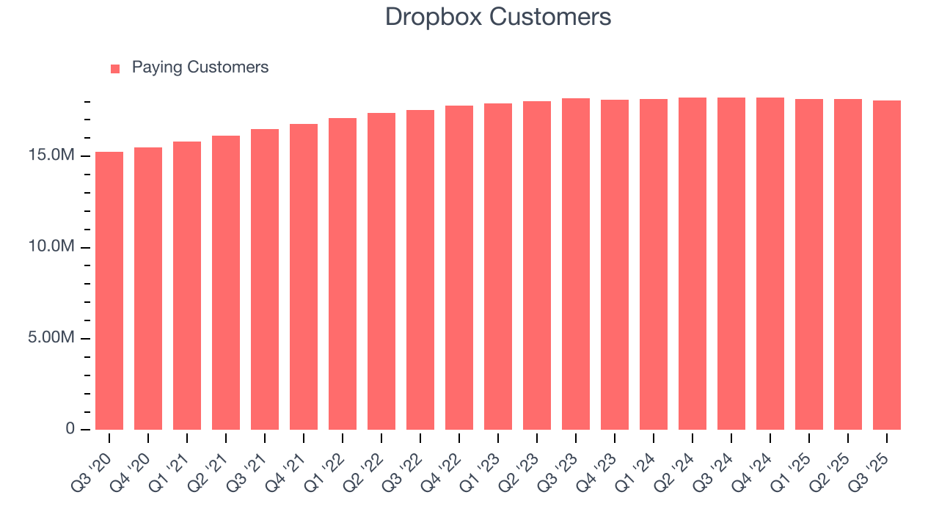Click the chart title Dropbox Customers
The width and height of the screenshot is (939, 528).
[498, 17]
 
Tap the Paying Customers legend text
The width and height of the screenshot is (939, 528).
[200, 67]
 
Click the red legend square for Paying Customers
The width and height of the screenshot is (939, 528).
[115, 69]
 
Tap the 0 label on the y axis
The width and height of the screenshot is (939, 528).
[70, 429]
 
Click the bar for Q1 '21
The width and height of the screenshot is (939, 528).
[187, 285]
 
